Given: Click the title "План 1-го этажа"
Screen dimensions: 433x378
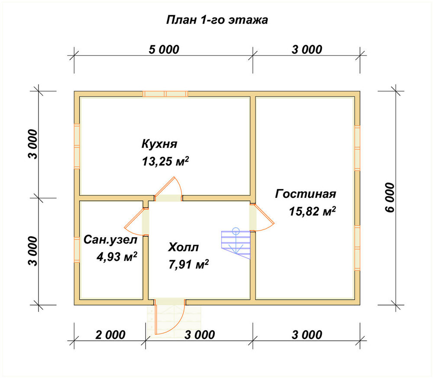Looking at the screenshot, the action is (217, 20).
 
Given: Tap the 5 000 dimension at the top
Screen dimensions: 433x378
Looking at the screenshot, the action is (164, 50).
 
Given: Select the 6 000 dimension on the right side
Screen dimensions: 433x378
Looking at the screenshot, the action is (390, 197).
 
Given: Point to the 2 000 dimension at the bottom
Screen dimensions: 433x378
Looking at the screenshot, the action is (110, 335).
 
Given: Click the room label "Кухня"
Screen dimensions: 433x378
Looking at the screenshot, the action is (159, 144).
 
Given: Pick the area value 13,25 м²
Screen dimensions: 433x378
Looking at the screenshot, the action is (165, 161).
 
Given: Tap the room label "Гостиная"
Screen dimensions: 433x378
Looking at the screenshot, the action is (305, 194).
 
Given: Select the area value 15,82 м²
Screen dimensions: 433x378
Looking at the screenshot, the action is (312, 211).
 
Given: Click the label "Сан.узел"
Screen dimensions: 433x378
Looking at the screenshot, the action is (110, 240).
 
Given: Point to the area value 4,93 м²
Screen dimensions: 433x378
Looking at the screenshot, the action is (117, 257).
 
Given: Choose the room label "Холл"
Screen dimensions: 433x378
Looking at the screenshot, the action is (183, 247).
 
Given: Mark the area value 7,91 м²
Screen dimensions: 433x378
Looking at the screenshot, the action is (188, 265).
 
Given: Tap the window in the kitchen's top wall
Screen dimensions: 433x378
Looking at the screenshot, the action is (165, 94).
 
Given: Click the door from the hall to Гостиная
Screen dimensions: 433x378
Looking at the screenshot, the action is (261, 217).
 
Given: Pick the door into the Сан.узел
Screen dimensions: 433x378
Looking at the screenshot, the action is (136, 222).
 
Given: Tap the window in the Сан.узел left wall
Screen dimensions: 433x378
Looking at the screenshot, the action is (77, 250).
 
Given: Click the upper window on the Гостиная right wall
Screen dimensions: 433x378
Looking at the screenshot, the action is (357, 148).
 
